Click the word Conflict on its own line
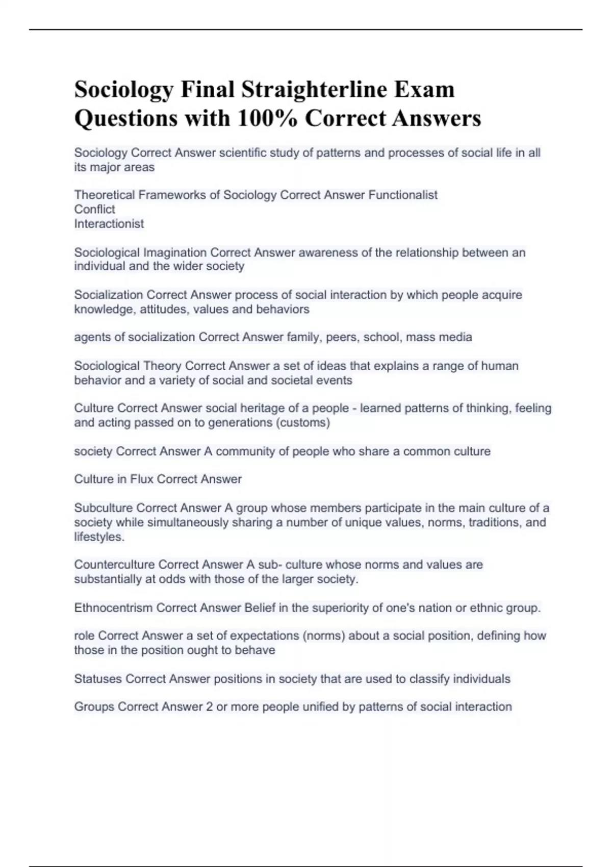coord(94,209)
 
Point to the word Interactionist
coord(109,223)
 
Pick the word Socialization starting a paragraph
coord(108,295)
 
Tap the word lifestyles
coord(98,537)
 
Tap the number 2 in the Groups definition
coord(209,706)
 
